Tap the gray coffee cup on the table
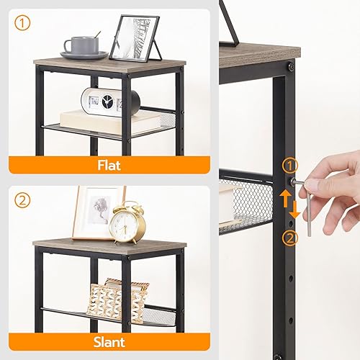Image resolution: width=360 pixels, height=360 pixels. point(82,45)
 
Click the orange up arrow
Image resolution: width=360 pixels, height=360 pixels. point(286,197)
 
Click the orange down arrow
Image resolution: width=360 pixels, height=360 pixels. point(296,210)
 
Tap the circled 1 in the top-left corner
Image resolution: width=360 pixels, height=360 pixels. point(23,23)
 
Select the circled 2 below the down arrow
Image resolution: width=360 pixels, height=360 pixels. point(290,238)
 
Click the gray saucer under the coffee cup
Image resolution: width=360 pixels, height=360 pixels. point(84,55)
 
